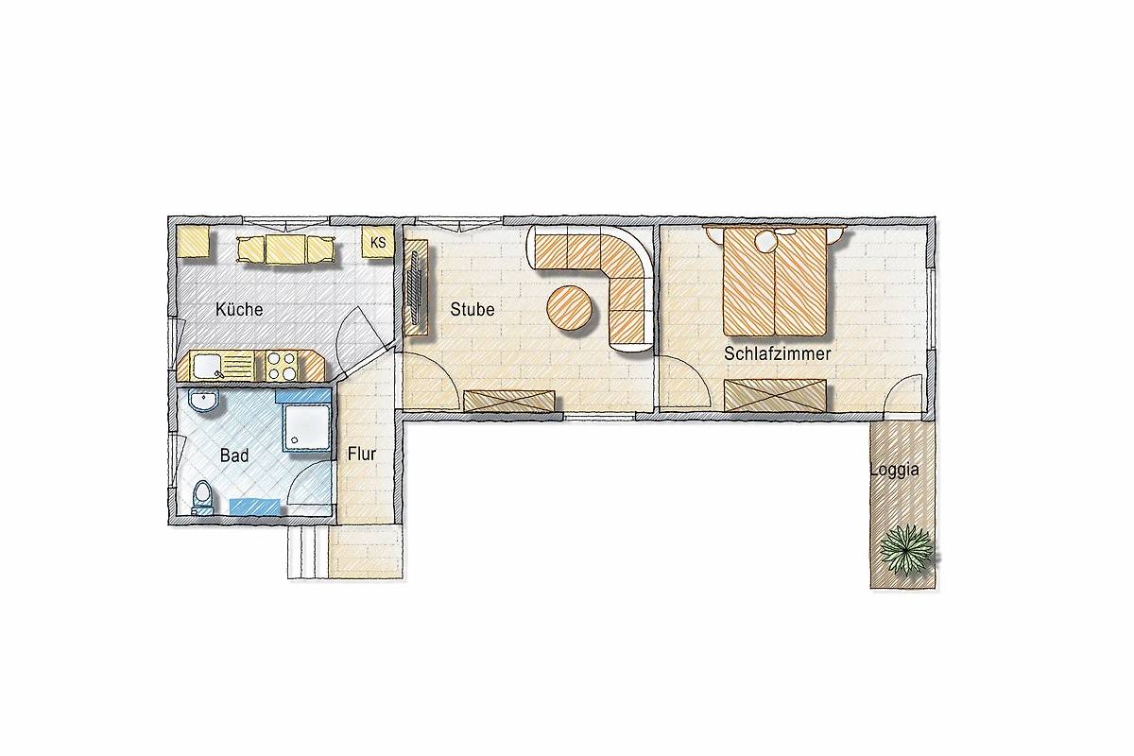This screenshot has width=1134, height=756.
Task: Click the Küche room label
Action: (x=239, y=309)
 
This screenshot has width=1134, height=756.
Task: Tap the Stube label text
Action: (x=472, y=309)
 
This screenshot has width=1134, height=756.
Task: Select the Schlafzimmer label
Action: (x=777, y=353)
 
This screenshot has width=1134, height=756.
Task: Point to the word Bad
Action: (x=234, y=455)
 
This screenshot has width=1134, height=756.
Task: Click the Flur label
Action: (x=361, y=454)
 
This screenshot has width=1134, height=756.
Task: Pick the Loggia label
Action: (x=895, y=470)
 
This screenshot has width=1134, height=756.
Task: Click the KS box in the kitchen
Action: (x=378, y=243)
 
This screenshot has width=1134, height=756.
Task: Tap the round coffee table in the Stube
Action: (x=570, y=308)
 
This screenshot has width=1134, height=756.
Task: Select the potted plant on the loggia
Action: (x=906, y=550)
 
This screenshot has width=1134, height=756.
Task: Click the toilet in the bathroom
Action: (x=203, y=497)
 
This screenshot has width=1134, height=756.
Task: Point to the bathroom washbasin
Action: (x=203, y=400)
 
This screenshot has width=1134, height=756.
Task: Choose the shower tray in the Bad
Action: (x=307, y=427)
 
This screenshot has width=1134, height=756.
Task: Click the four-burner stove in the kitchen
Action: (x=282, y=366)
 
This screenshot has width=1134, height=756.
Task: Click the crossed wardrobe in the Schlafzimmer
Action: (x=775, y=395)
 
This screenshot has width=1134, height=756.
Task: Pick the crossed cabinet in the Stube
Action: (x=508, y=400)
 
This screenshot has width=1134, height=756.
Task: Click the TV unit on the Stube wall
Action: (x=416, y=287)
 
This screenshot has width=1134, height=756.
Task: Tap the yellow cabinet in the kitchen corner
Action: (x=193, y=241)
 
